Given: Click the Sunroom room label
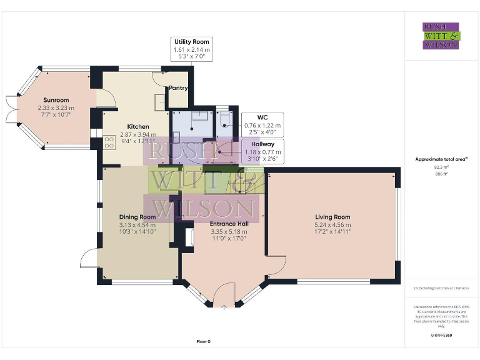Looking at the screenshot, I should [56, 100].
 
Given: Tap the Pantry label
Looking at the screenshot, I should [177, 88].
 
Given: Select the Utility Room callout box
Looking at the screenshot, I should [192, 49].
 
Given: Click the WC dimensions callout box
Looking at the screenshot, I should [262, 124].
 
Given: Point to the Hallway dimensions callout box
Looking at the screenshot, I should [262, 151].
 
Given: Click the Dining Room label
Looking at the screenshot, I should [137, 217].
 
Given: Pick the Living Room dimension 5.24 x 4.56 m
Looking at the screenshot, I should [332, 225].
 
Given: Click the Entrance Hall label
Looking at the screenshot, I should [229, 224].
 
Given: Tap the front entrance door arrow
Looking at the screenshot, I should [224, 306].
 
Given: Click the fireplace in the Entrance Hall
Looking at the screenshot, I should [187, 239].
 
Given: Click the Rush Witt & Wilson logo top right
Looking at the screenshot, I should [441, 36].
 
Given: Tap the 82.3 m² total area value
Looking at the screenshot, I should [441, 167].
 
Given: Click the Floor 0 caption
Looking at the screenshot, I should [204, 341].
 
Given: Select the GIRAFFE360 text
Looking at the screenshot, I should [441, 336].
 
